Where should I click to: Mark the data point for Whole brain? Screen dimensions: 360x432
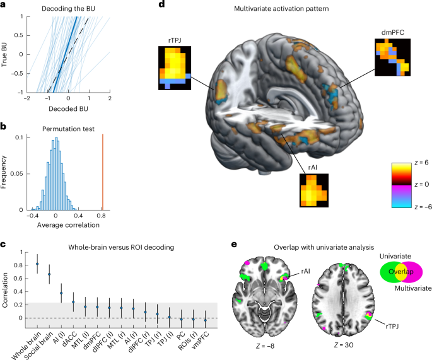point(37,264)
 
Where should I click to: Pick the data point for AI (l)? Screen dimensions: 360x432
point(61,293)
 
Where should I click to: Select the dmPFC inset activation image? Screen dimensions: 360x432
point(392,57)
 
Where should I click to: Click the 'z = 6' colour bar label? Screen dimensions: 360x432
point(419,162)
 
